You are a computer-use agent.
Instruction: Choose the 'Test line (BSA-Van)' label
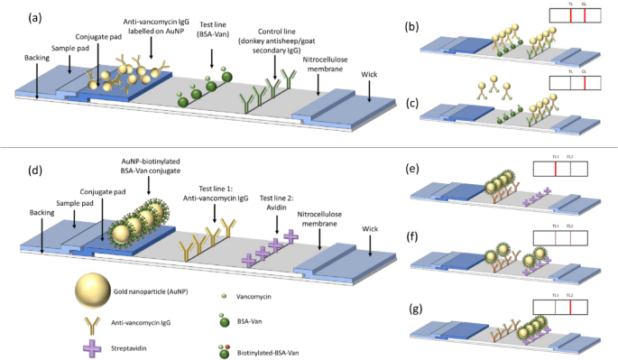214,23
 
